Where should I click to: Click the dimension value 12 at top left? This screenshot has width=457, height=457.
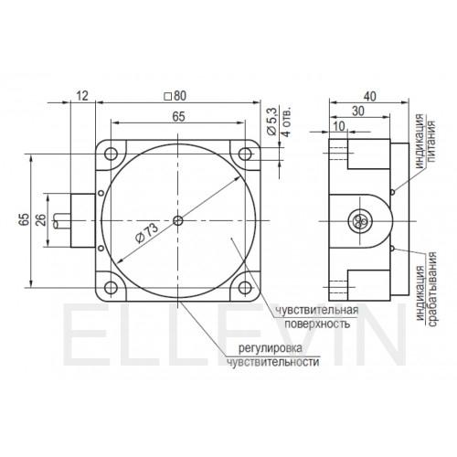click(x=82, y=96)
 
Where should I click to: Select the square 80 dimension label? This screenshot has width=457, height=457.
click(x=175, y=96)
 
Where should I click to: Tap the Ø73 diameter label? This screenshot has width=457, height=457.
click(x=147, y=233)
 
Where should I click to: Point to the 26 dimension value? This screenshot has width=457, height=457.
click(x=41, y=220)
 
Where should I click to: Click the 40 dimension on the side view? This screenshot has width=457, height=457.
click(x=370, y=96)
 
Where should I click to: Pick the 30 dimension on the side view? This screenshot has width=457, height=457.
click(x=358, y=112)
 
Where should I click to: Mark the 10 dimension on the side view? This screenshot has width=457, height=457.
click(x=338, y=126)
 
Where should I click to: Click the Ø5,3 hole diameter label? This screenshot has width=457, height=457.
click(x=271, y=121)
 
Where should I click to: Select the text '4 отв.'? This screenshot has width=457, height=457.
click(x=286, y=122)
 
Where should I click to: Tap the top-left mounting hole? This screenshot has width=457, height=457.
click(x=111, y=154)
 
